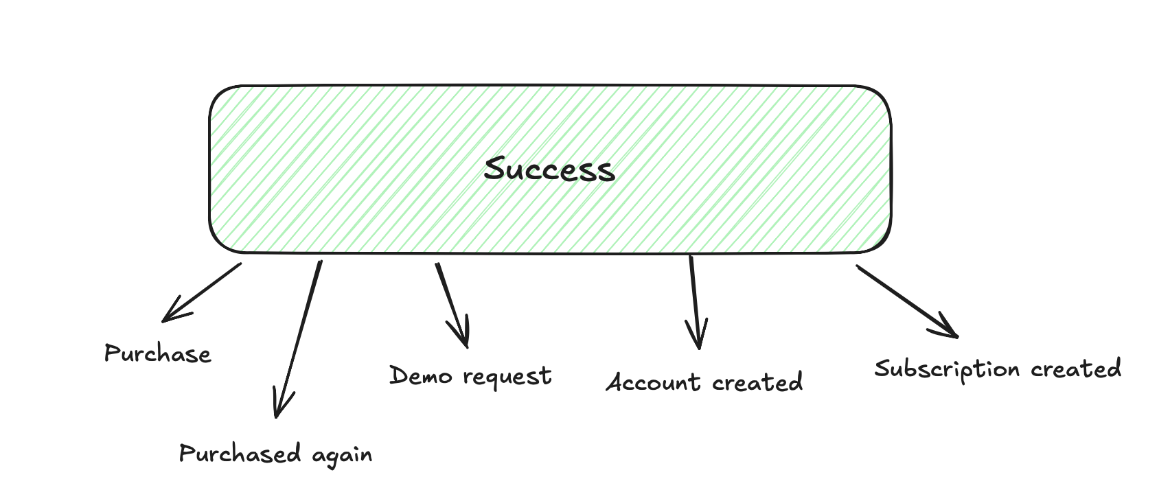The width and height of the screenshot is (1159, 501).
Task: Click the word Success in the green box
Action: click(x=549, y=170)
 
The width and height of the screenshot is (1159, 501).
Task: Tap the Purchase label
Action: click(x=157, y=353)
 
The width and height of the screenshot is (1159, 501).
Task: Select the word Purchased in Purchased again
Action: click(x=240, y=454)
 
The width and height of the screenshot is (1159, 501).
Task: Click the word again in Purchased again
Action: click(x=342, y=455)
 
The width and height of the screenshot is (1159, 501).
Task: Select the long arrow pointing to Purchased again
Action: click(x=299, y=336)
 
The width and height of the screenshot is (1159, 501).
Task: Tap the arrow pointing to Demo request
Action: click(x=451, y=304)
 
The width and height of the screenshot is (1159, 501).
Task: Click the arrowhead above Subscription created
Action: click(x=950, y=331)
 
